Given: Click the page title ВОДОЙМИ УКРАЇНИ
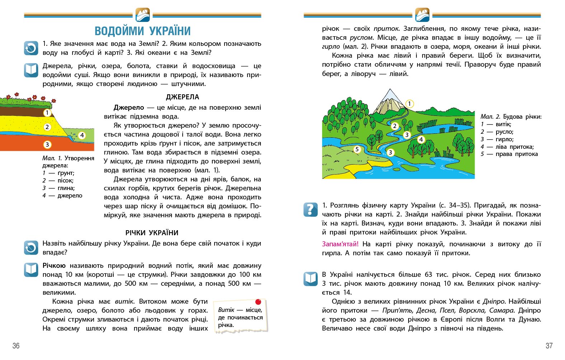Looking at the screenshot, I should click(x=142, y=31).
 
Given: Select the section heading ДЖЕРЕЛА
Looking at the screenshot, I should click(x=182, y=97).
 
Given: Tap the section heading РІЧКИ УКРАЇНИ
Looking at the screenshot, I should click(x=152, y=233).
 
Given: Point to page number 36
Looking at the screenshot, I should click(x=16, y=346).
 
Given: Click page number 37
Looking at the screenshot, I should click(x=549, y=346).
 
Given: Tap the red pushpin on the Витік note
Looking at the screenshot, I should click(x=258, y=302).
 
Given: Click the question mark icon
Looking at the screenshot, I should click(x=310, y=209).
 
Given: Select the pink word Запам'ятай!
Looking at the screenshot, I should click(x=340, y=244).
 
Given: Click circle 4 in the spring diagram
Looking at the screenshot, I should click(x=82, y=135).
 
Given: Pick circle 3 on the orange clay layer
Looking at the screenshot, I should click(x=47, y=145).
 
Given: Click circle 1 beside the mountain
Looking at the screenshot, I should click(x=409, y=104).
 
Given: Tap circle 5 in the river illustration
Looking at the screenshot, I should click(x=357, y=149).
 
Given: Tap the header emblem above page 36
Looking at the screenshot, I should click(x=143, y=15).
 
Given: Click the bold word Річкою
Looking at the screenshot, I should click(x=54, y=266).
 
